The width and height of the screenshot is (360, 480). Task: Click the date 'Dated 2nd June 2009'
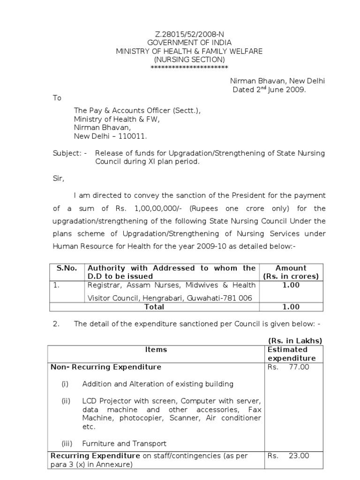[269, 90]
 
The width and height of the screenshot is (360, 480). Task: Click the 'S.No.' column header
[67, 268]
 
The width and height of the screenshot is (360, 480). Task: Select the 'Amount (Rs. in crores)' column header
[291, 272]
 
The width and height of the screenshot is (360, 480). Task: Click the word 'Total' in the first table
[155, 307]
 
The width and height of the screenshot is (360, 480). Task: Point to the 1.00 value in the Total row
[291, 307]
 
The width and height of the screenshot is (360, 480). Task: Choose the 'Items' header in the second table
[156, 350]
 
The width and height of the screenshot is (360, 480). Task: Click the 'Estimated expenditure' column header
[291, 354]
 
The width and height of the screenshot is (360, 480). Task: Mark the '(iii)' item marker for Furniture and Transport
[67, 443]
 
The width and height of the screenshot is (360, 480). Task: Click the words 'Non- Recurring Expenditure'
[106, 367]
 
